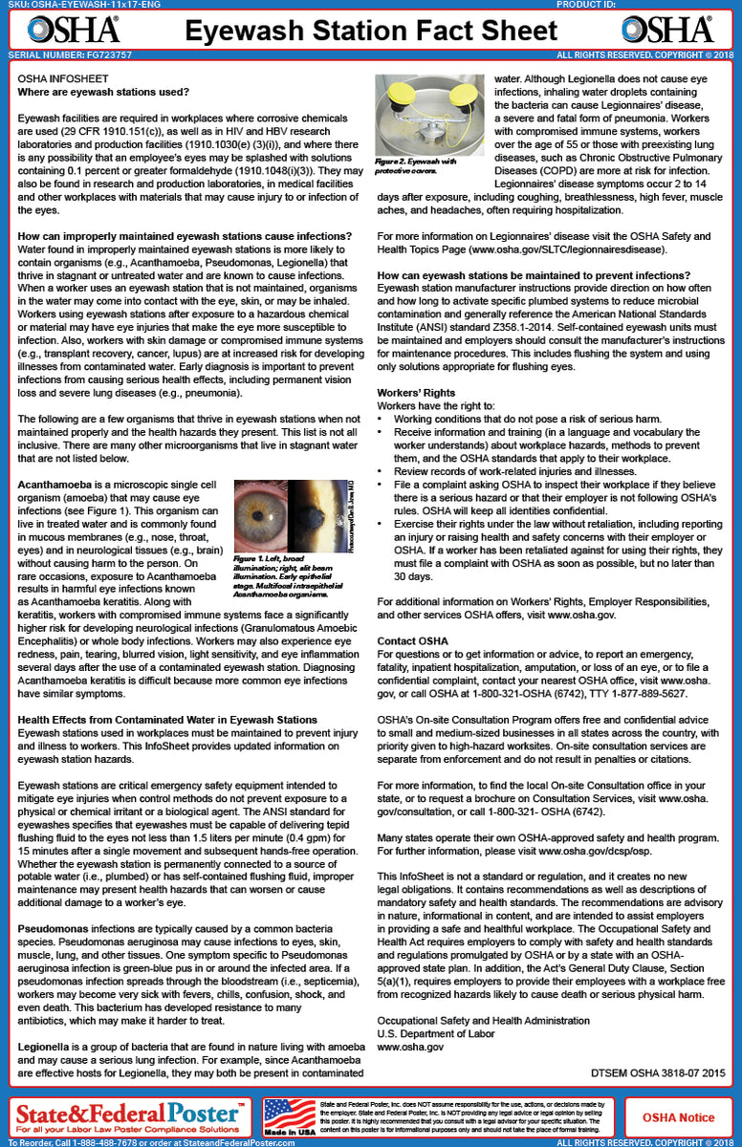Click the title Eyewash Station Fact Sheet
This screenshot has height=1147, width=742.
(371, 31)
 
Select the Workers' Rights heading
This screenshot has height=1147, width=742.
(416, 392)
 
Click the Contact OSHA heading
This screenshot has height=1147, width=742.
(412, 639)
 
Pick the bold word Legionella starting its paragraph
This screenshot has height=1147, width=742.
(48, 1046)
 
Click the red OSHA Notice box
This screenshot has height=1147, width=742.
(678, 1116)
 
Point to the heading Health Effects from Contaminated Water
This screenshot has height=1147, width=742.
(168, 718)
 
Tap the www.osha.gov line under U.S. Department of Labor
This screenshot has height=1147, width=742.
(410, 1047)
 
